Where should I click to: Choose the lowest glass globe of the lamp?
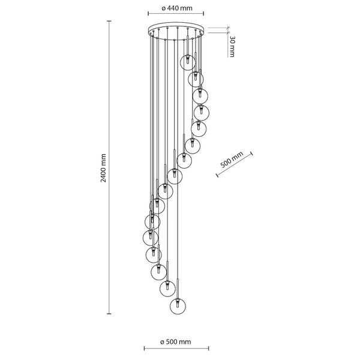click(177, 305)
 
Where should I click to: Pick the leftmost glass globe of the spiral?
click(151, 235)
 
